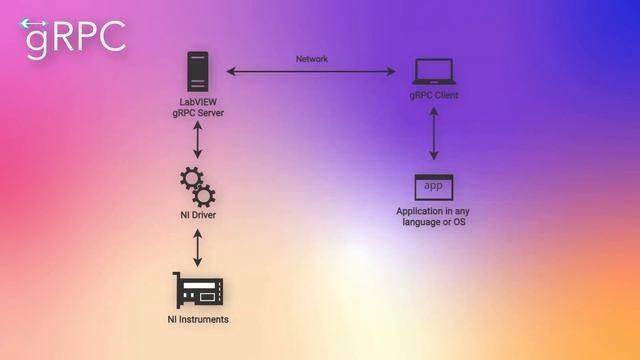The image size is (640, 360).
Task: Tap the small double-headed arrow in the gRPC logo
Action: click(34, 23)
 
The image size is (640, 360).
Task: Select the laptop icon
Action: click(434, 72)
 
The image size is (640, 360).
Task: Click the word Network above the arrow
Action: click(311, 59)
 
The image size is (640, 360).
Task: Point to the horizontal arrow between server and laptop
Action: click(311, 71)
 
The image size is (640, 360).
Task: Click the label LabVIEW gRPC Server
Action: click(198, 107)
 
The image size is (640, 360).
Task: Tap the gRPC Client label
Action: click(434, 95)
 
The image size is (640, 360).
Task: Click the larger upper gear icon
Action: click(190, 179)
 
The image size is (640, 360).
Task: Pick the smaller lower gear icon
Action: click(203, 194)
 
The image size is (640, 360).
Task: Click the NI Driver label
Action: click(198, 215)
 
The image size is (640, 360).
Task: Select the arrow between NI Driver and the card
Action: click(198, 245)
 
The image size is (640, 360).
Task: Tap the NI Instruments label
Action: click(198, 319)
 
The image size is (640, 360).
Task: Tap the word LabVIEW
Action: click(198, 101)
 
